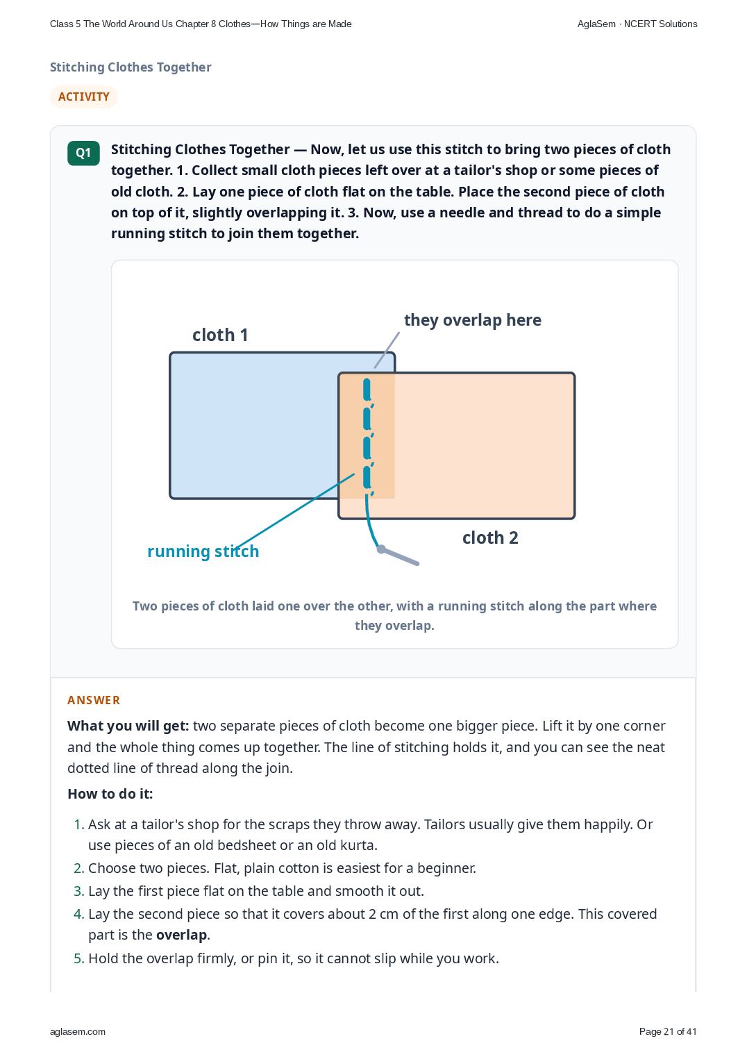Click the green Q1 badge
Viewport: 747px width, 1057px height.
[83, 153]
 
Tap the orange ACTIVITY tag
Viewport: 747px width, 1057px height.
[83, 97]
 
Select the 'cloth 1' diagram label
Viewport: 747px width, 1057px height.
[220, 335]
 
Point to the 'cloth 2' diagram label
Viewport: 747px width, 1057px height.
[490, 538]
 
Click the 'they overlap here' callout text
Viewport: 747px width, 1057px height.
[473, 320]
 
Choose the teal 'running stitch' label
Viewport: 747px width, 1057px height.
[203, 551]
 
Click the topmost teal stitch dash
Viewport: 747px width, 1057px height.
[367, 390]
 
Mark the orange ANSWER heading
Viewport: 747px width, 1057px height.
[94, 700]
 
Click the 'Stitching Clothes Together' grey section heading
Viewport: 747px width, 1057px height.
[131, 67]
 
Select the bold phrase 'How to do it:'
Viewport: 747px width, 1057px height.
[110, 794]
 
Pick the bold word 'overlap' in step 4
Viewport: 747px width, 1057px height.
[182, 935]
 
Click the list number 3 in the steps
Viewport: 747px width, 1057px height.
[78, 891]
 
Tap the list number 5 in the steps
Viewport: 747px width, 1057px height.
[78, 958]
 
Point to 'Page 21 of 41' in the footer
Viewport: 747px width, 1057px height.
[668, 1031]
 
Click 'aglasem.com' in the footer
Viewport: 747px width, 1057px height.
[78, 1032]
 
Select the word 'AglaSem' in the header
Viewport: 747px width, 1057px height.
[596, 24]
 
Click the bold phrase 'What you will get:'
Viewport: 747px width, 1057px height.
[128, 726]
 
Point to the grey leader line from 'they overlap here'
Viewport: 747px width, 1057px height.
[387, 350]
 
